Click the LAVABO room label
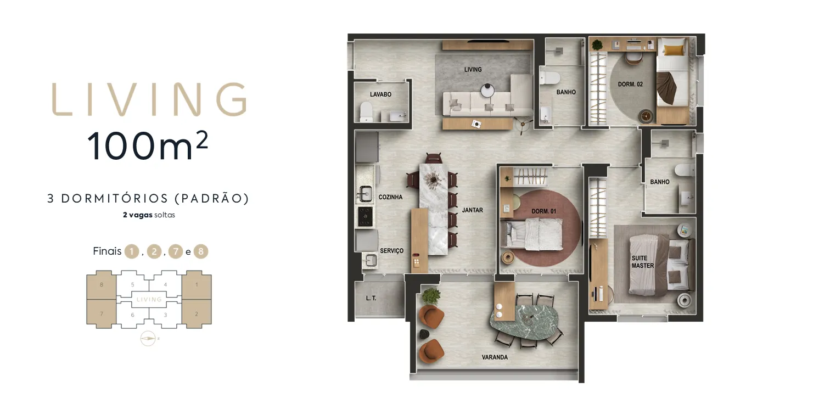(x=380, y=94)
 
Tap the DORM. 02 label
(x=630, y=85)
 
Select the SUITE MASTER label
(x=642, y=262)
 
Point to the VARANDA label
(x=495, y=357)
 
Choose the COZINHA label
(x=390, y=197)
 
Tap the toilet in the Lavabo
(x=366, y=113)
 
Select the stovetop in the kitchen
(x=366, y=216)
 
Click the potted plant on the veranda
(x=431, y=296)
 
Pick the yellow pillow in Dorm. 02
(x=675, y=51)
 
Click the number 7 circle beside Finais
(x=175, y=252)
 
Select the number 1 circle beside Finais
(x=131, y=252)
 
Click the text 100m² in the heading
(x=147, y=146)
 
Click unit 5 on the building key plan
(x=132, y=285)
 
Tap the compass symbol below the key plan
(x=148, y=339)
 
